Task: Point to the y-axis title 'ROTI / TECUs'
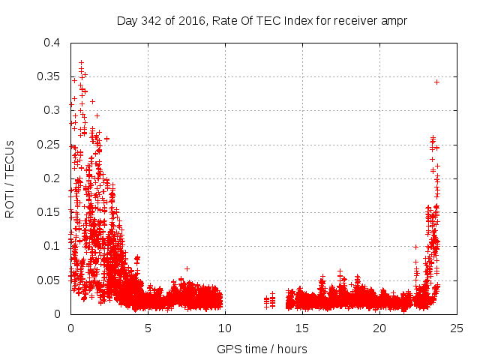pyautogui.click(x=10, y=178)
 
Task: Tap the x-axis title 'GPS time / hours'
pyautogui.click(x=262, y=349)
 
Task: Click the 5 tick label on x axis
pyautogui.click(x=148, y=328)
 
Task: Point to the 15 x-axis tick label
pyautogui.click(x=302, y=328)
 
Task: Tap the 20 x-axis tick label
pyautogui.click(x=379, y=328)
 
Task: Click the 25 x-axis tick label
pyautogui.click(x=457, y=328)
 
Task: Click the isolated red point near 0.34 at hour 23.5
pyautogui.click(x=436, y=82)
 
